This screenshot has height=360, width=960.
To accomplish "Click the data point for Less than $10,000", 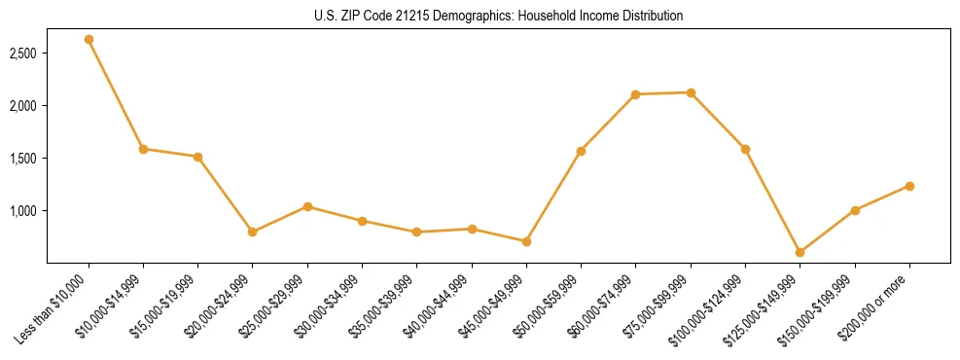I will (89, 40).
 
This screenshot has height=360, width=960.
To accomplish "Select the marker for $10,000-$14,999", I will (143, 149).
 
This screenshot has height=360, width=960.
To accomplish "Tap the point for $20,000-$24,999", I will (253, 232).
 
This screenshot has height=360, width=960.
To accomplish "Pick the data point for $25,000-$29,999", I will (307, 206).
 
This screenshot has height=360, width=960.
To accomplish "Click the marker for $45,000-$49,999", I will (526, 241).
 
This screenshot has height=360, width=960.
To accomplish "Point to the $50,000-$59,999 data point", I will (581, 151).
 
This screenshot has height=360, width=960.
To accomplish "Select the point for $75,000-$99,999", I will (691, 92).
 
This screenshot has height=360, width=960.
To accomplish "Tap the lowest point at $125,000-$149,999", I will (800, 252).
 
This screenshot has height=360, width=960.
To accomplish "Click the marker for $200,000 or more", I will (909, 186).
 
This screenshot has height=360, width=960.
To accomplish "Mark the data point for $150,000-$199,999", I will (855, 210).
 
